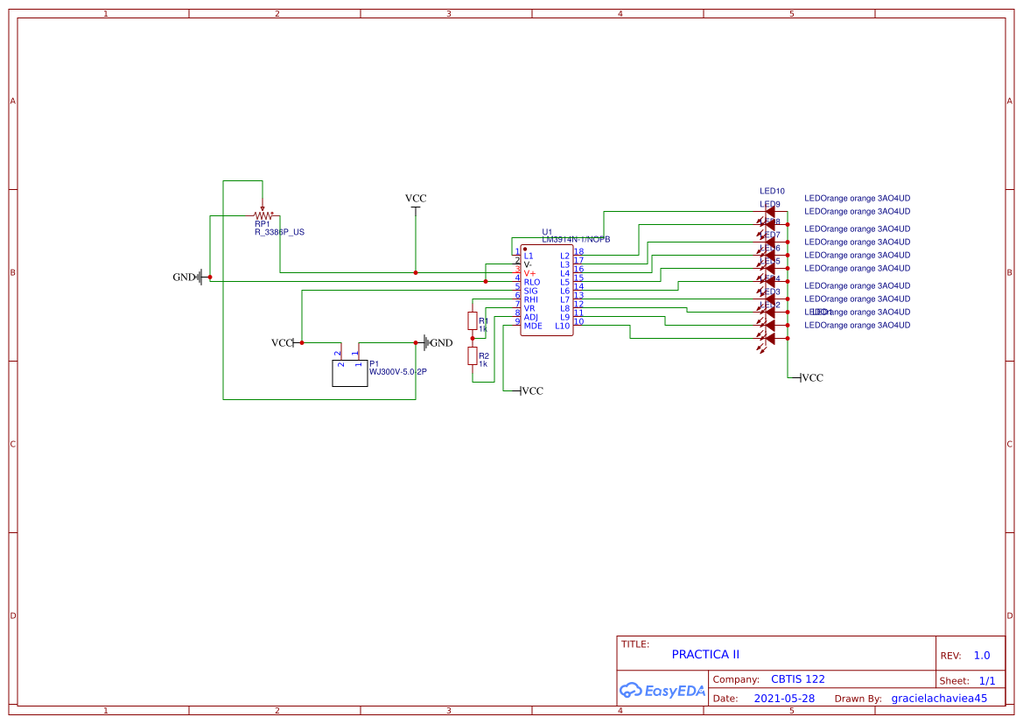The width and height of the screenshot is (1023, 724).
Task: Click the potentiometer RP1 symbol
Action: [263, 214]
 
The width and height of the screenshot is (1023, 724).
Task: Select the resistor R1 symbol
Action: [473, 320]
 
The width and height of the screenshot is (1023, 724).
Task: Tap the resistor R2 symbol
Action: [473, 355]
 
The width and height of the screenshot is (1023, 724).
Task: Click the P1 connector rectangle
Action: [350, 373]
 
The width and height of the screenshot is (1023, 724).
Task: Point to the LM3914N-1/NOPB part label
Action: [576, 239]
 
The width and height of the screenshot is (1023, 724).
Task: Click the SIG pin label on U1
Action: [530, 291]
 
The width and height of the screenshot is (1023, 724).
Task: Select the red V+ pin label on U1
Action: [529, 273]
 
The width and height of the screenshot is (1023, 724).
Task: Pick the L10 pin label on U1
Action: [562, 326]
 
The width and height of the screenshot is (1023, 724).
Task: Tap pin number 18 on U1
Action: [578, 252]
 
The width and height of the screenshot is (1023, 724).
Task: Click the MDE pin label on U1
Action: [533, 326]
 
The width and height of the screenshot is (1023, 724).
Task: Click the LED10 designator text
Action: [772, 191]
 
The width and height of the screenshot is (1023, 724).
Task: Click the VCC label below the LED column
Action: [811, 378]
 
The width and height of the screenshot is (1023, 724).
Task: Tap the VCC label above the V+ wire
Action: [416, 199]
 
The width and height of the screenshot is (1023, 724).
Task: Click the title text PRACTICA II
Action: [705, 654]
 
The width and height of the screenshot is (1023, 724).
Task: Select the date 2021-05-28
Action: [784, 699]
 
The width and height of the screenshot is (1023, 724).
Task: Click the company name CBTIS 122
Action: [797, 679]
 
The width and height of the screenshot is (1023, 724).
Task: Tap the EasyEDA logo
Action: [662, 690]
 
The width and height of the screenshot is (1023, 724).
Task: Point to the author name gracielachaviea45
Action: [939, 699]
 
